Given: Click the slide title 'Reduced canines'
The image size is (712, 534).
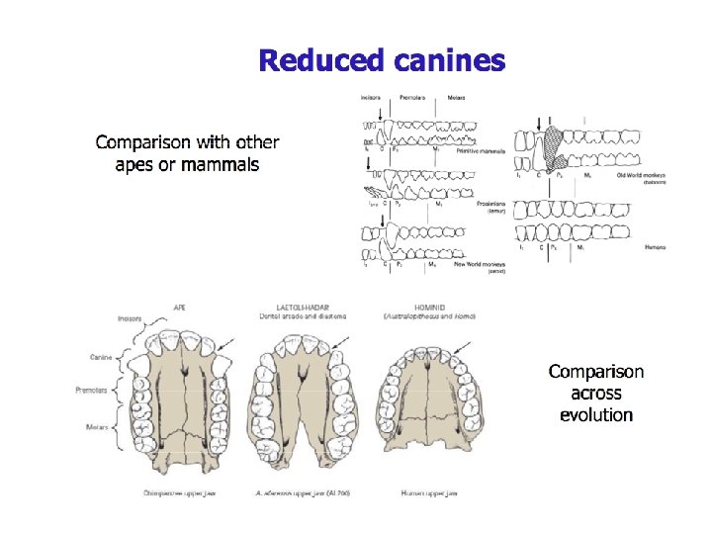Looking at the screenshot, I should point(382,61).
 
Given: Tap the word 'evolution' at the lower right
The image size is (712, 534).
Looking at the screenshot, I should point(595,414).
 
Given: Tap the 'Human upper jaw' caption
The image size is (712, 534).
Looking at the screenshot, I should point(429,491).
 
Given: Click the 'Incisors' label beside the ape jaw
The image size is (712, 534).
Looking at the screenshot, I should point(129,319).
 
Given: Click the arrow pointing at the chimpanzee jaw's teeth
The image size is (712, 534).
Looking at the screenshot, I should point(228,342).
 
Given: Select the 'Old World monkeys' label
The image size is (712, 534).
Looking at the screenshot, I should point(641,175).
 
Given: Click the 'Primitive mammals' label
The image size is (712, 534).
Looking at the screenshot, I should point(481,151).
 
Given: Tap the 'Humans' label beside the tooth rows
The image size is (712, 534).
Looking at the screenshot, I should point(655,247).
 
